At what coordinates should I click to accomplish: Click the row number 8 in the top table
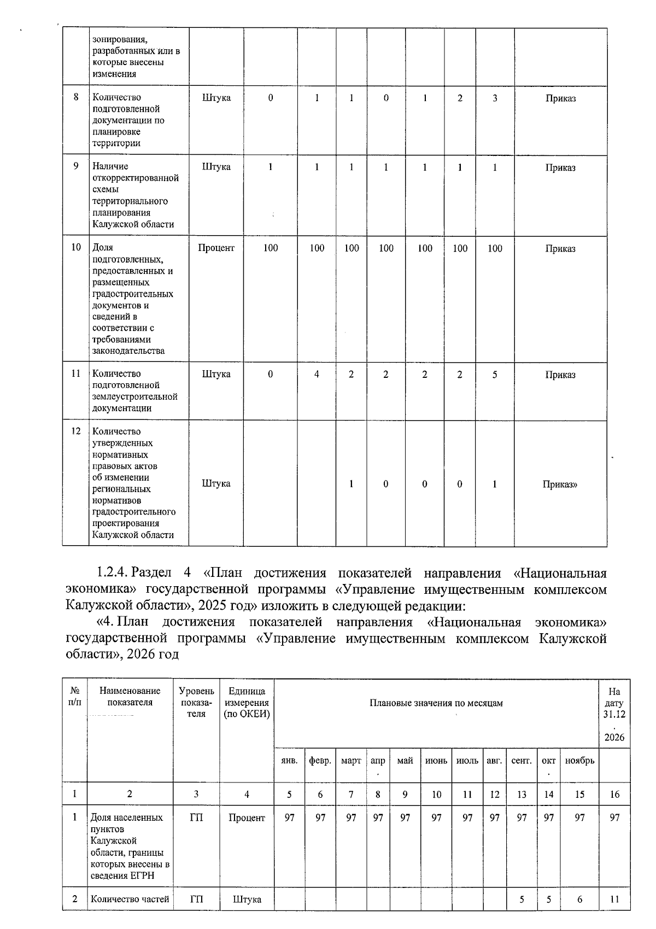76,97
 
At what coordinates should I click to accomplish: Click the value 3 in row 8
495,98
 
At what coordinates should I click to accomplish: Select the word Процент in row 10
216,248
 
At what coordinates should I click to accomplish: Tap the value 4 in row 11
317,375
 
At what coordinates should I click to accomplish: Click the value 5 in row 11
495,375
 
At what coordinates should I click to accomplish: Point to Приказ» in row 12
560,484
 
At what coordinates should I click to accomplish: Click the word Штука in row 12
216,483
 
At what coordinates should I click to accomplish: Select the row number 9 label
76,166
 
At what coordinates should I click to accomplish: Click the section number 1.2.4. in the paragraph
112,573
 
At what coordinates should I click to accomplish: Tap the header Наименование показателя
130,697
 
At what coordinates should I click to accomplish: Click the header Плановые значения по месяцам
436,703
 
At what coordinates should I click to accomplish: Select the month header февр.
320,761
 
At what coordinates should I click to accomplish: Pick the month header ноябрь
579,761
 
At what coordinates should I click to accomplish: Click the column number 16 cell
614,794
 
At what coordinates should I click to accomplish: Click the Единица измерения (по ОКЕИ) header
247,703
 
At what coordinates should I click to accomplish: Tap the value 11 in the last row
614,899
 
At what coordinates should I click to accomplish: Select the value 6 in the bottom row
579,899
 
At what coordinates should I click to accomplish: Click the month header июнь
436,761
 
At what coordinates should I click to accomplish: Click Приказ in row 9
560,168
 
